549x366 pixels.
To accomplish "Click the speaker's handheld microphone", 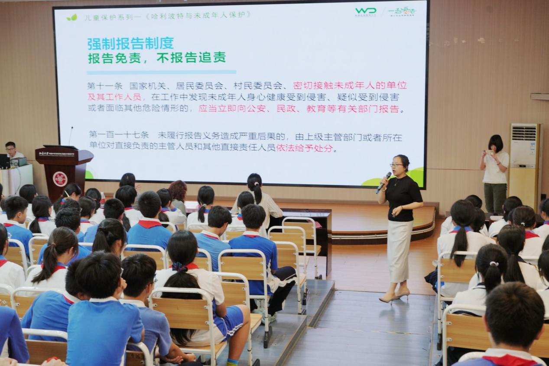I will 383,182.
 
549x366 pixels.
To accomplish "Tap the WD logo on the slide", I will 365,11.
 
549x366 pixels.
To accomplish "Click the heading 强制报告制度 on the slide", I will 130,43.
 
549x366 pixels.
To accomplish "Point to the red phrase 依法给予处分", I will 306,148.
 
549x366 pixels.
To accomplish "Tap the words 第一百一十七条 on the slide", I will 118,136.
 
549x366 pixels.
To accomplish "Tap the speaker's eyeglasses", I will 396,165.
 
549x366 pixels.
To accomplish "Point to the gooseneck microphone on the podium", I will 71,136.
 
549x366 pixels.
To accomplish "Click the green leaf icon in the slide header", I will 71,17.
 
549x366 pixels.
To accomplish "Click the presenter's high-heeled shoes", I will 394,297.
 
